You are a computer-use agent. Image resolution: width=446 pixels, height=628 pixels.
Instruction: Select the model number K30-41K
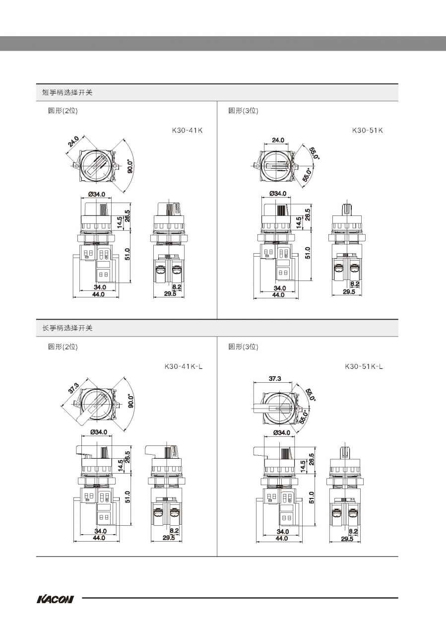coord(187,131)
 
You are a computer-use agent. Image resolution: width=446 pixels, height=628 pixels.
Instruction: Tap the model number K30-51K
coord(367,131)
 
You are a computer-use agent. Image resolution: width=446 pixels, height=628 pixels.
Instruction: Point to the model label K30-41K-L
coord(184,366)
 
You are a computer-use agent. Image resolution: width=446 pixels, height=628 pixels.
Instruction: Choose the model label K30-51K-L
coord(364,366)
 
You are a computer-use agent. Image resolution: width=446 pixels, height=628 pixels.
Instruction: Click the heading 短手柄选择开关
coord(67,92)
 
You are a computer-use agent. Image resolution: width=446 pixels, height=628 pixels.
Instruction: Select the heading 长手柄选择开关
coord(67,328)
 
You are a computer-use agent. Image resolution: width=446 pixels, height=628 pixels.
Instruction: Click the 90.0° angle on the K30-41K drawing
coord(130,166)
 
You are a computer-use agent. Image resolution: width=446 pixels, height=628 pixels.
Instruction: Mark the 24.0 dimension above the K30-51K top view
coord(278,140)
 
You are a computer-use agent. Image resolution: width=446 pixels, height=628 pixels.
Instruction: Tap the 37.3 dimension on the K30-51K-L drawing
coord(275,378)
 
